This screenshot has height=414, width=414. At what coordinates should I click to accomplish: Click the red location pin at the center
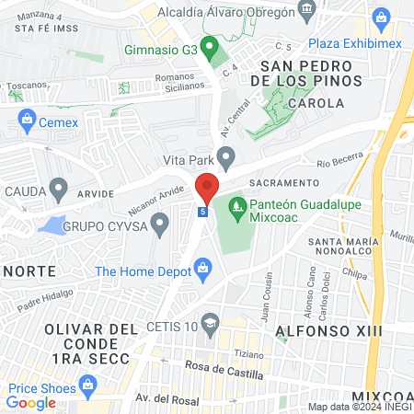coord(207,189)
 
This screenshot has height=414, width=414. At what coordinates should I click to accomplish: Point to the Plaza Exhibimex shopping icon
coord(382,17)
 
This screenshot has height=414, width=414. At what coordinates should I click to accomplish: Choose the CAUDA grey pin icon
coord(60,191)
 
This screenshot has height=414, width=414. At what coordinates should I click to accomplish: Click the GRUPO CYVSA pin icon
coord(160,222)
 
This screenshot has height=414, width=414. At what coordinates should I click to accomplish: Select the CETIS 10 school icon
coord(211,325)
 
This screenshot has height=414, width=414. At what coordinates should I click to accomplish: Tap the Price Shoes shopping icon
coord(88,385)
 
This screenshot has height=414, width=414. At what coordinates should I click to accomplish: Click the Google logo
coord(31,402)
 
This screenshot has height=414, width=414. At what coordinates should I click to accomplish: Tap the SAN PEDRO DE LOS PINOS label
coord(306,75)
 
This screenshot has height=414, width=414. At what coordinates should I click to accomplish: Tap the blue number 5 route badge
coord(202,212)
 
